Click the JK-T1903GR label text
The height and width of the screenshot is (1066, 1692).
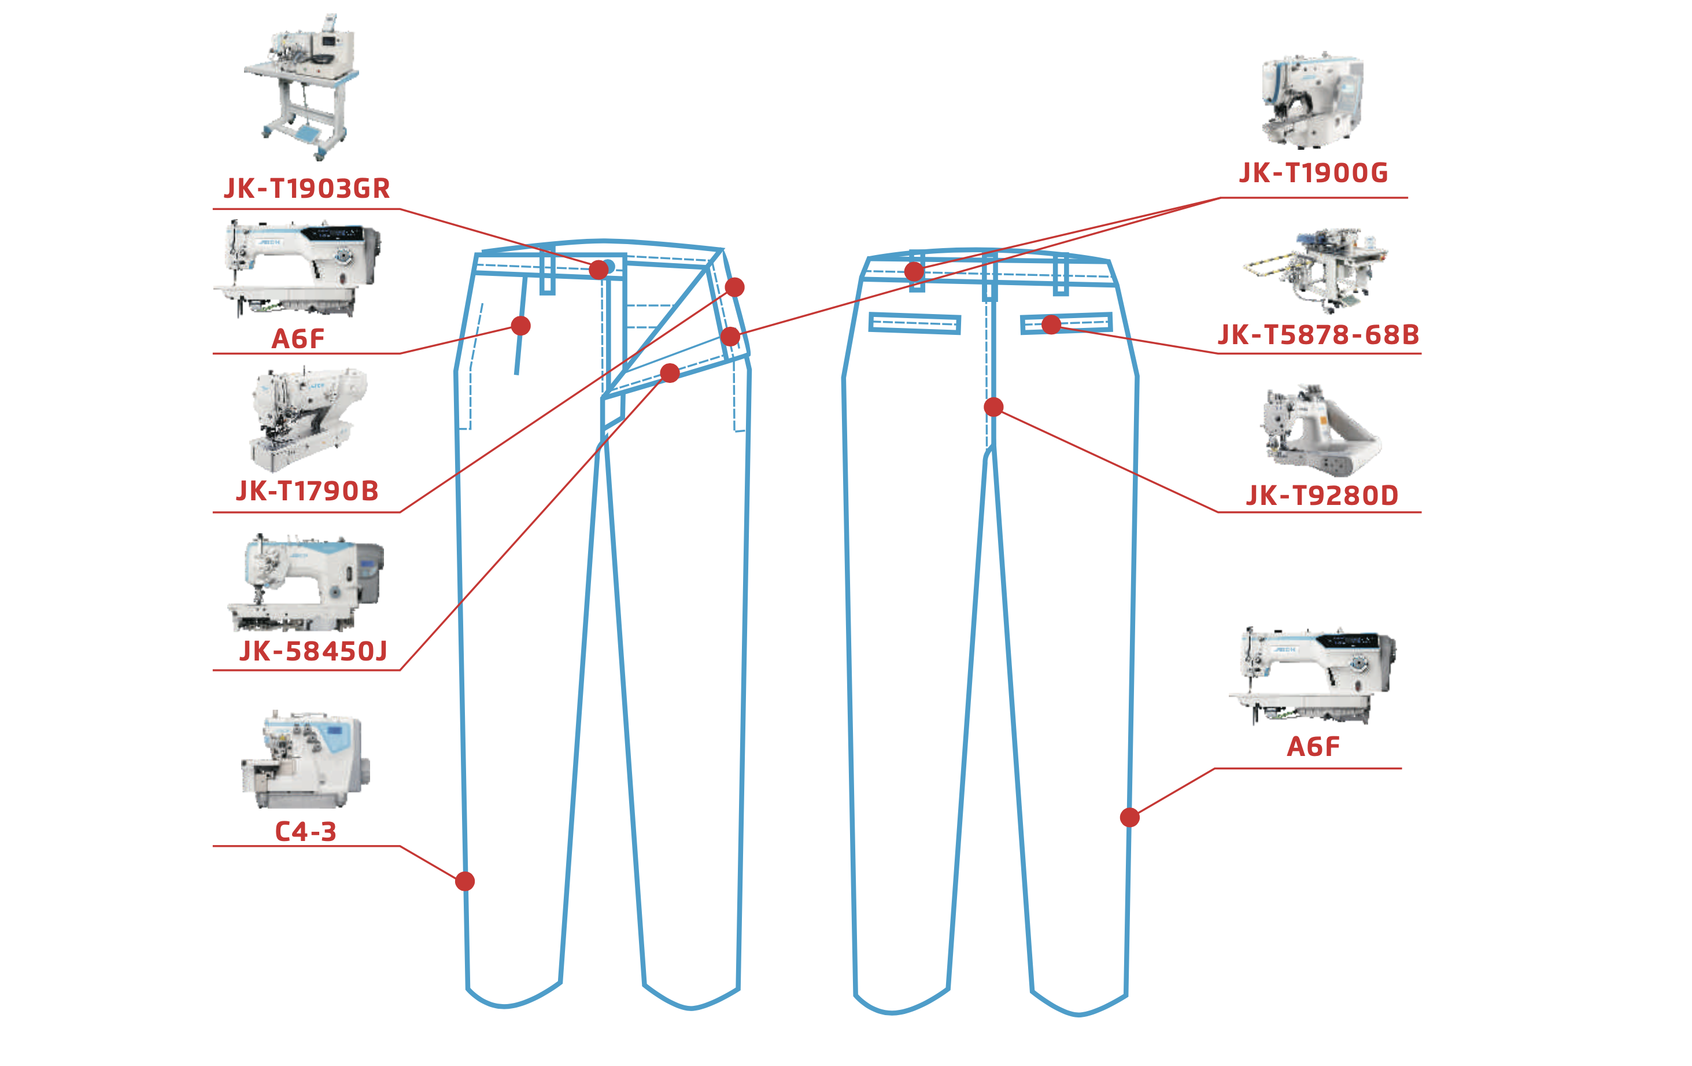(x=307, y=189)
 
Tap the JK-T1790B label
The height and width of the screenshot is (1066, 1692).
(x=307, y=491)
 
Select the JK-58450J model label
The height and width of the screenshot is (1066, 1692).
(x=313, y=651)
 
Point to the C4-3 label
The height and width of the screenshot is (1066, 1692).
(x=306, y=831)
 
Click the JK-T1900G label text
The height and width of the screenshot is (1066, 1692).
(x=1313, y=173)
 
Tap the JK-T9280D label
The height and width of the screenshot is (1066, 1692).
(x=1322, y=496)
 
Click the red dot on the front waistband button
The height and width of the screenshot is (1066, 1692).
(x=599, y=269)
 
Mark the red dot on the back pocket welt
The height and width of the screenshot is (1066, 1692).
(x=1051, y=324)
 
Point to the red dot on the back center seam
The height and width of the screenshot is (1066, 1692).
(x=993, y=407)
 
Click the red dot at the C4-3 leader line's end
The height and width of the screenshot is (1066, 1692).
(x=464, y=881)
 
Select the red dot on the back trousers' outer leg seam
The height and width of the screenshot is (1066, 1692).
(x=1129, y=817)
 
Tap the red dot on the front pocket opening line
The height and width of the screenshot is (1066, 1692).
(x=520, y=325)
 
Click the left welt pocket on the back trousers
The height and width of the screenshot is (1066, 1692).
(x=914, y=323)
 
